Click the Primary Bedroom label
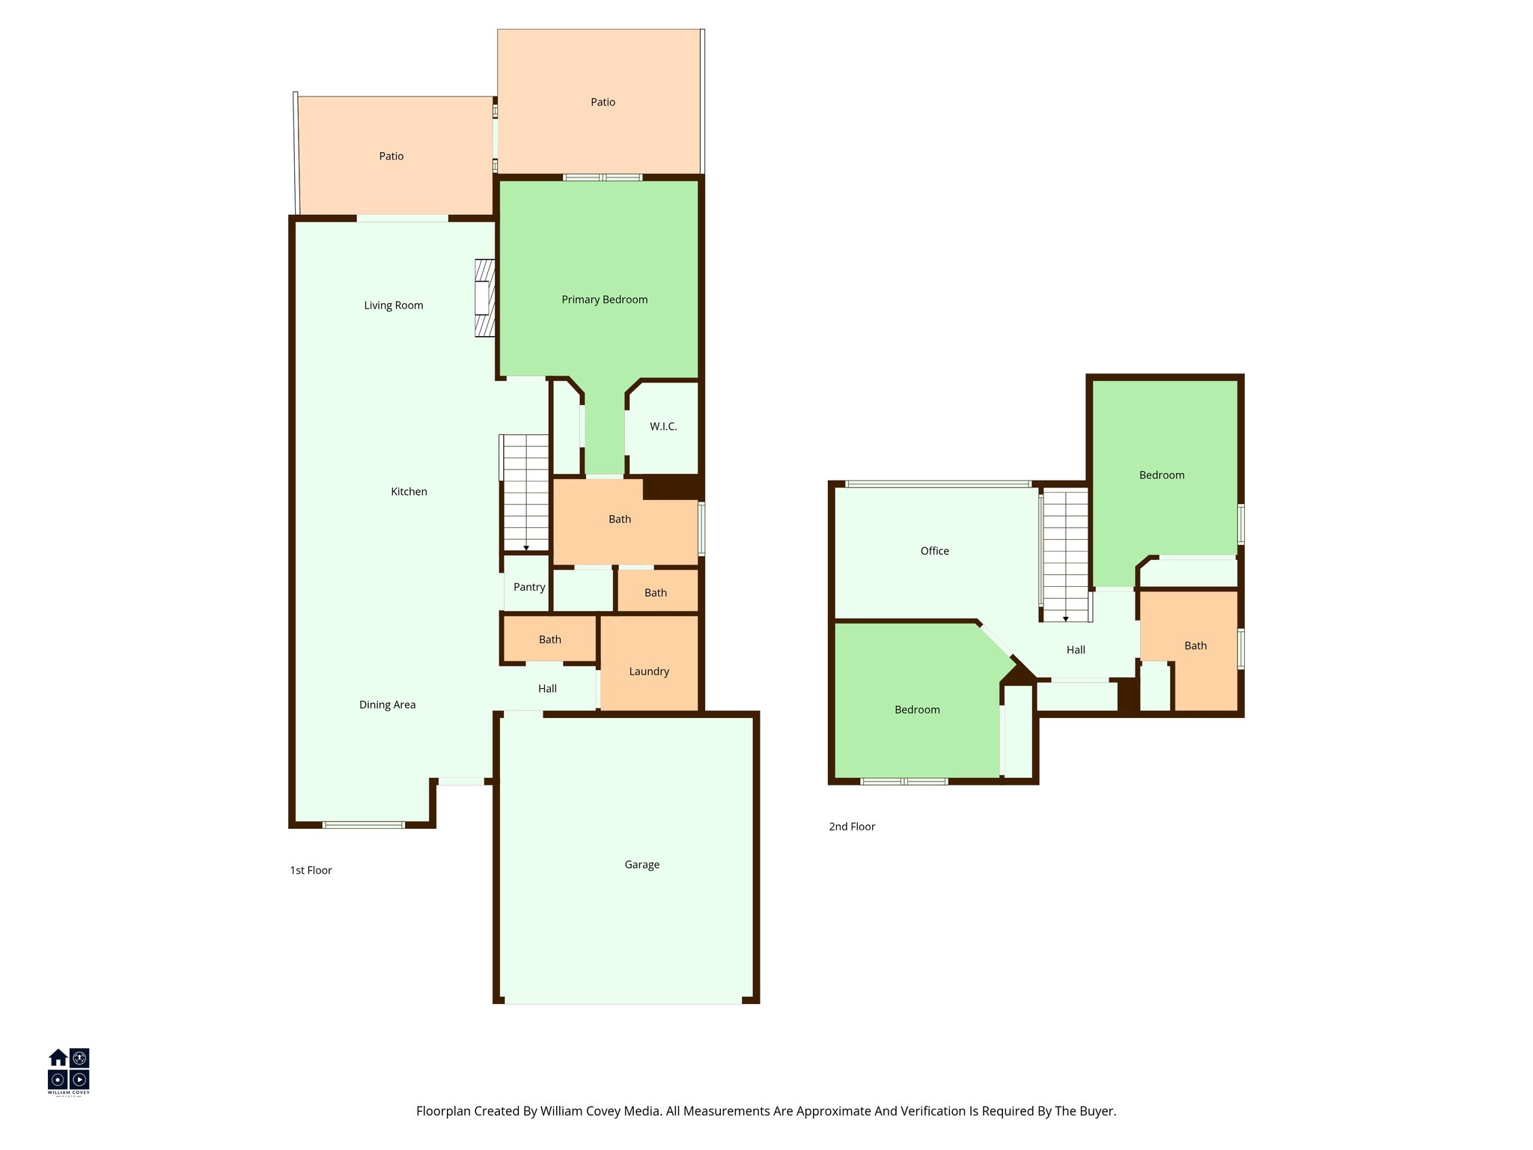(604, 299)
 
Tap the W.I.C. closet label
(663, 427)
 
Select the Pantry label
(529, 587)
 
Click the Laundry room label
(649, 672)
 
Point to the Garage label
(641, 865)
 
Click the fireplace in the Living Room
(485, 298)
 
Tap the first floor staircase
(525, 493)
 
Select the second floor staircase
(1065, 555)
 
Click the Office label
(934, 551)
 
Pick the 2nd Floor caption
(852, 827)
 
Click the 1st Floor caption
(311, 870)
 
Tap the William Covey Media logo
(69, 1071)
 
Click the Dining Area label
(387, 705)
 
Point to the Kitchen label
(409, 492)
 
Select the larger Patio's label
(603, 102)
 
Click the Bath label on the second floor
(1195, 645)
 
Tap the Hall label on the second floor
(1076, 650)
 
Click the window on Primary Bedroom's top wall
(603, 177)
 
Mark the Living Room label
(393, 305)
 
